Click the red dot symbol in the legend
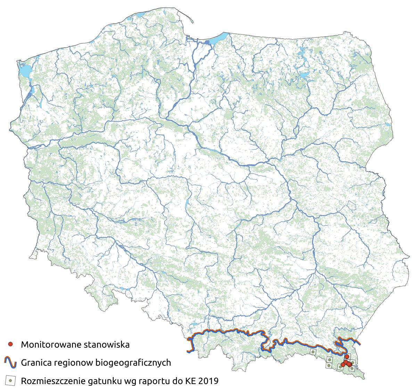[x=10, y=345]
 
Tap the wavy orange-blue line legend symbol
[x=10, y=363]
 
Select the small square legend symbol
[x=10, y=381]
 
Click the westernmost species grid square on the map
[x=313, y=352]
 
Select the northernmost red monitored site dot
[x=346, y=357]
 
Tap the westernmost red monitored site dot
[x=343, y=365]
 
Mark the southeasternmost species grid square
[x=352, y=368]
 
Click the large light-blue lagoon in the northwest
[x=24, y=71]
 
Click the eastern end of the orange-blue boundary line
[x=360, y=344]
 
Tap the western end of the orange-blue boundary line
[x=188, y=351]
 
